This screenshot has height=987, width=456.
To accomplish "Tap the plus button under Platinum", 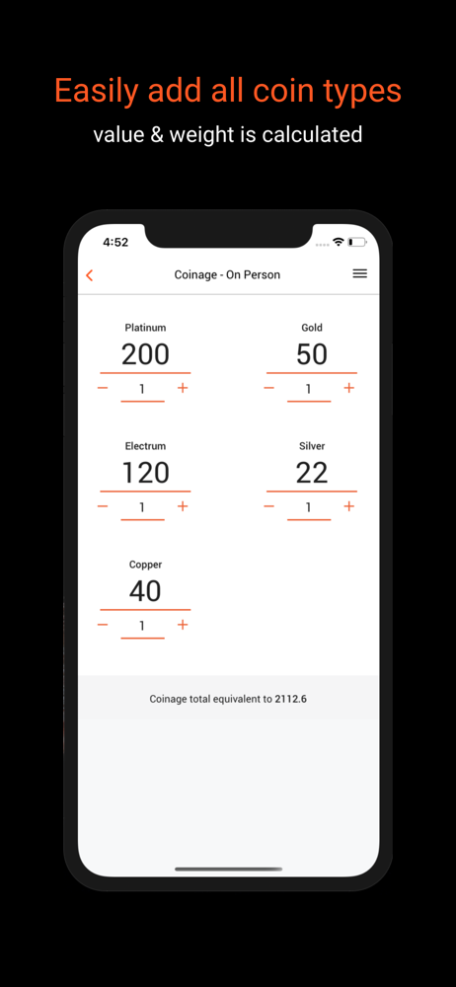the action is tap(183, 388).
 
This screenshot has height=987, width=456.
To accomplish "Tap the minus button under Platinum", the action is tap(103, 388).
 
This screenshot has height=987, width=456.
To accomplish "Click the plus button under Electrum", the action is tap(183, 506).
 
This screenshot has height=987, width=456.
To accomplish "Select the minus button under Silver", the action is tap(268, 506).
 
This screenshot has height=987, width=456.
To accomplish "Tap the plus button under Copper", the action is tap(183, 625).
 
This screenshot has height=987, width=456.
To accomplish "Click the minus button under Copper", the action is tap(103, 625).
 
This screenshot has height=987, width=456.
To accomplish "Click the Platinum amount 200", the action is tap(145, 354).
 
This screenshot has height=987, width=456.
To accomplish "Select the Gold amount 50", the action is tap(312, 354).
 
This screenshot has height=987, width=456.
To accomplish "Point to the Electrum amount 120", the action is tap(145, 473).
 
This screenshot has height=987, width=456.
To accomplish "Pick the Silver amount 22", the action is tap(312, 473).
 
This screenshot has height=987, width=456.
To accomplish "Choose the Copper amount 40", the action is tap(145, 591).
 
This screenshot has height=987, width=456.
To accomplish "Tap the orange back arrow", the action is tap(90, 275).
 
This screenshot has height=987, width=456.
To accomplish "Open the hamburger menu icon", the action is tap(359, 273).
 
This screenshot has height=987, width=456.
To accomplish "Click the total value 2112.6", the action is tap(291, 699).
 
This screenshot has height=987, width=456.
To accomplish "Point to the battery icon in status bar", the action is tap(357, 242).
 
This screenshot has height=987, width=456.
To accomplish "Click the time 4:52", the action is tap(115, 243).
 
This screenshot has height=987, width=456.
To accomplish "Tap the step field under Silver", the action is tap(309, 508).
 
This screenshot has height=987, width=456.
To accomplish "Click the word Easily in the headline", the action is tap(97, 91).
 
